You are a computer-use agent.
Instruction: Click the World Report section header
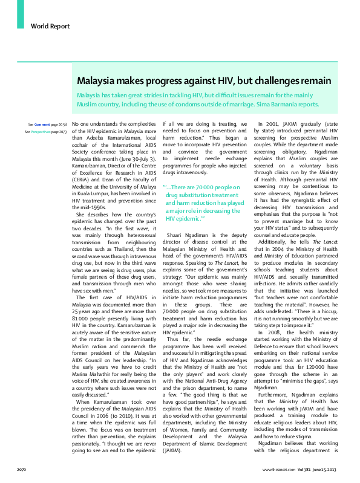(50, 27)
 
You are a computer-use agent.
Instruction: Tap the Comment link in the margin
(42, 124)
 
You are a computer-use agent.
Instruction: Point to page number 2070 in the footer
(21, 469)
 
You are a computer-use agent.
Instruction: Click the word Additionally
(275, 226)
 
